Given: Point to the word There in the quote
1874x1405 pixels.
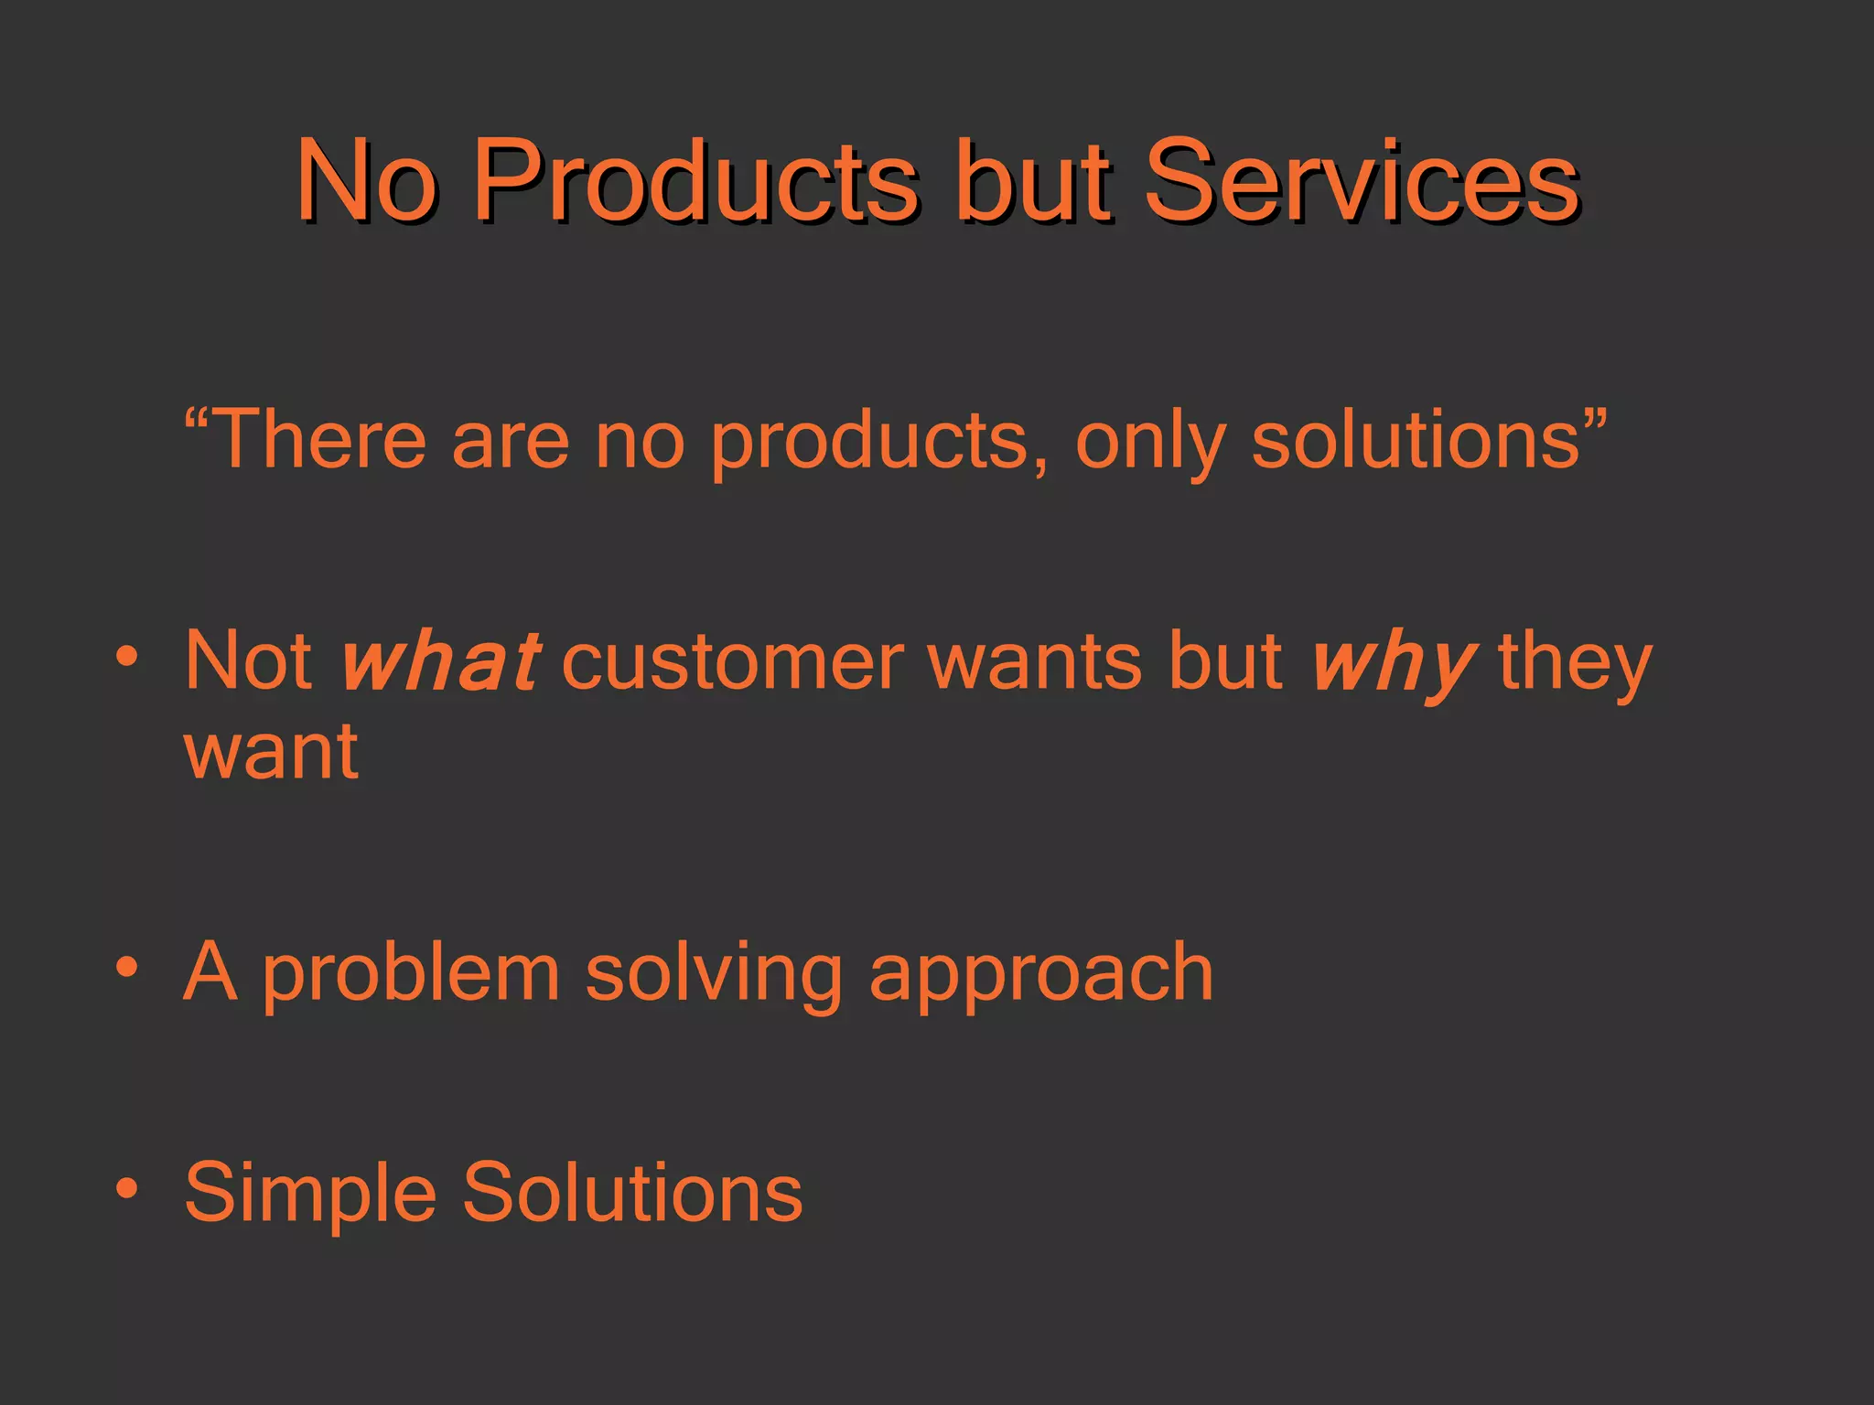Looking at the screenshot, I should pos(319,440).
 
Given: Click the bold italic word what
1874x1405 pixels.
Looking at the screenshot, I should pos(439,660).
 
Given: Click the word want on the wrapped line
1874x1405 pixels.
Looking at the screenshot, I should pos(271,752).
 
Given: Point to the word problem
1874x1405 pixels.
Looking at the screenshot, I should pos(411,973).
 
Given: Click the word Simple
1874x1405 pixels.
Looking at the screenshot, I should pos(310,1193).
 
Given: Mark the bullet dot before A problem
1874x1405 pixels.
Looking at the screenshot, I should pos(127,967).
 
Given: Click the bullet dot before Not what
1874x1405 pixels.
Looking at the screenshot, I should pos(127,656).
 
